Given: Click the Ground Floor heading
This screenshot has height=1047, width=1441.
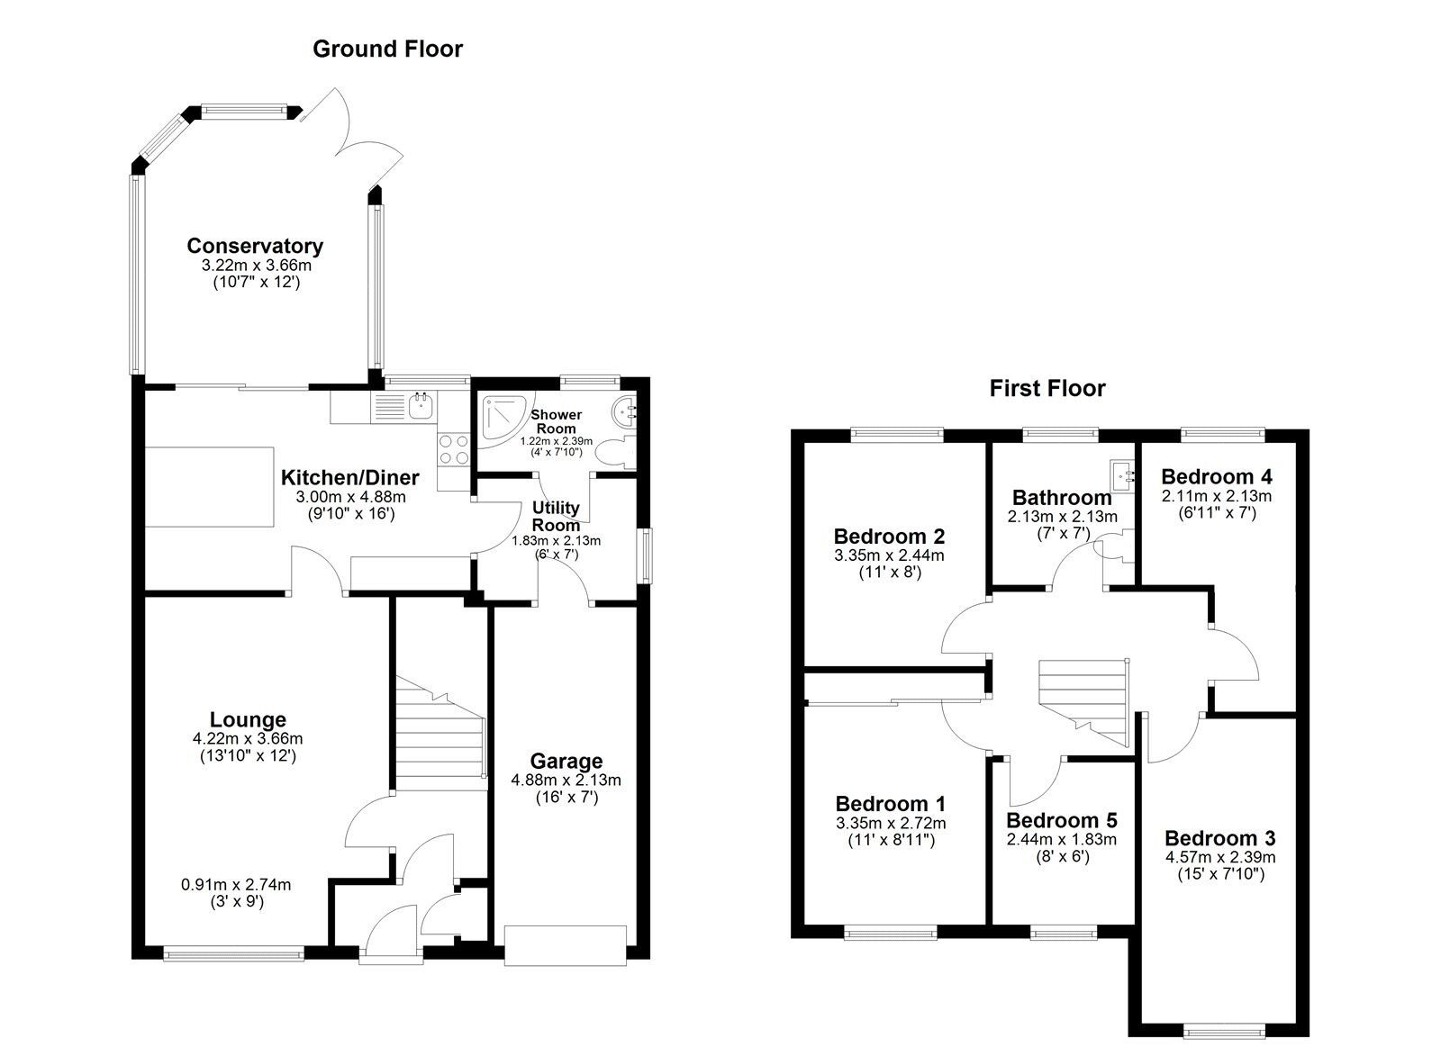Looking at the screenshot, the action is (x=387, y=49).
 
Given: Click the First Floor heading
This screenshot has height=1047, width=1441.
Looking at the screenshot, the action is (x=1047, y=388).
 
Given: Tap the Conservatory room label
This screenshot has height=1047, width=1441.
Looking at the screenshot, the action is (x=255, y=246).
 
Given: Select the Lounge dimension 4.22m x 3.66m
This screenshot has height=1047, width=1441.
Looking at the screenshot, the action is (x=248, y=739).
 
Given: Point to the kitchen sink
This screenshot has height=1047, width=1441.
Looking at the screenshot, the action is (x=420, y=406).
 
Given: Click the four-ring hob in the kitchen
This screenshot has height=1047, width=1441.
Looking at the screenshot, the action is (x=453, y=449).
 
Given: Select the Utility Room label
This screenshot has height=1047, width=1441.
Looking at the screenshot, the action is (x=556, y=517).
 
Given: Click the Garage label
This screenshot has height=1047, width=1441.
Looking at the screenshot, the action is (x=566, y=762).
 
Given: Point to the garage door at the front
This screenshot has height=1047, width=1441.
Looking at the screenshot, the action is (x=565, y=945).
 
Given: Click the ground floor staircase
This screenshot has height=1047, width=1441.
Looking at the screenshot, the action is (x=440, y=733).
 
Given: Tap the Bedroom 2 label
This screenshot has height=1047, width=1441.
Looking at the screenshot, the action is (x=889, y=537).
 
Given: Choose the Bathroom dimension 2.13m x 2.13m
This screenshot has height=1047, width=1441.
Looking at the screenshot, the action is (x=1062, y=517).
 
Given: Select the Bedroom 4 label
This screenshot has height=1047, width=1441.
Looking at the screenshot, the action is (x=1217, y=476).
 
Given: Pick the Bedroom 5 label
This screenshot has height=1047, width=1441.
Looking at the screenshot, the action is (x=1062, y=821).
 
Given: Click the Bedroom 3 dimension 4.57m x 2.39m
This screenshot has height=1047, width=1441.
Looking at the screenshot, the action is (x=1220, y=857).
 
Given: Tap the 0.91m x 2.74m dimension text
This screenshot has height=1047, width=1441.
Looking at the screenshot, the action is (x=236, y=885).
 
